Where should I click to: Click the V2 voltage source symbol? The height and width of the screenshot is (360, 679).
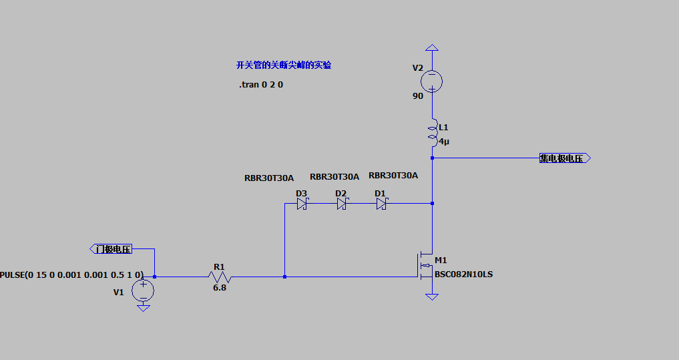(x=432, y=81)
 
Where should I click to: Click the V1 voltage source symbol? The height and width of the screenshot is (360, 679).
(x=143, y=291)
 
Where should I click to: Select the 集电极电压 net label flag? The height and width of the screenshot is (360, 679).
(x=564, y=158)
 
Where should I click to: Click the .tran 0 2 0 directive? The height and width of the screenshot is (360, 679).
(x=261, y=85)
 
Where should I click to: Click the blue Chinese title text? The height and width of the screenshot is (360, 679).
(x=283, y=65)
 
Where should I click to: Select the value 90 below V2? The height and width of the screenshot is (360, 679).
(x=418, y=96)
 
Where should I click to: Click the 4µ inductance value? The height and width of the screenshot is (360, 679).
(x=444, y=142)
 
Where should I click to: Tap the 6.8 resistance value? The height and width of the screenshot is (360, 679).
(x=220, y=288)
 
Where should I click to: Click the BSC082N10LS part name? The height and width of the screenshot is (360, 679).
(x=463, y=274)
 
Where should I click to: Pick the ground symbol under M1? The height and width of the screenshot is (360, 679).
(x=432, y=296)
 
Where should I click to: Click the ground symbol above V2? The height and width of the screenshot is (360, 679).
(x=432, y=48)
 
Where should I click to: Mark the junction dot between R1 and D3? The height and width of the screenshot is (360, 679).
(x=284, y=276)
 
